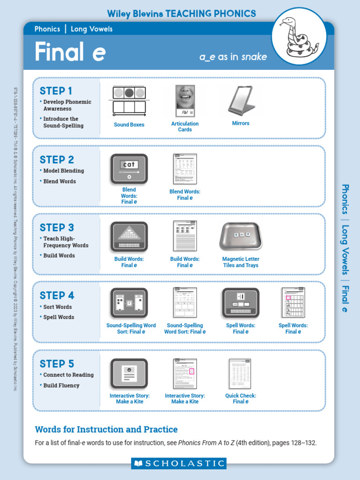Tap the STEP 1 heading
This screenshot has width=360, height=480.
pyautogui.click(x=56, y=91)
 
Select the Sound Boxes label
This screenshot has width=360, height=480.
pyautogui.click(x=129, y=125)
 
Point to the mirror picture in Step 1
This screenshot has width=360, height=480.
pyautogui.click(x=241, y=100)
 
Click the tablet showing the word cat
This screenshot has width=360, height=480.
pyautogui.click(x=129, y=168)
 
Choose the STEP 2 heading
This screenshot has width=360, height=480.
pyautogui.click(x=57, y=159)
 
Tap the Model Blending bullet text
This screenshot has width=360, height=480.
pyautogui.click(x=64, y=171)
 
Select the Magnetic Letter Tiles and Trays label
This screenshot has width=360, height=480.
pyautogui.click(x=240, y=262)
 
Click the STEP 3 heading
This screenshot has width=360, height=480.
pyautogui.click(x=57, y=228)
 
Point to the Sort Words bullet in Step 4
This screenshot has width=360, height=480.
pyautogui.click(x=57, y=307)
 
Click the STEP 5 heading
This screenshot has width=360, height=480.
pyautogui.click(x=57, y=364)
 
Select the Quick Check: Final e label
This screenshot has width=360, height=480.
pyautogui.click(x=240, y=398)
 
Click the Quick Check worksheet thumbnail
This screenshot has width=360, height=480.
pyautogui.click(x=240, y=374)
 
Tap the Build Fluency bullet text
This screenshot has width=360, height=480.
pyautogui.click(x=61, y=385)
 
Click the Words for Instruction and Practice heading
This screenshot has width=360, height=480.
pyautogui.click(x=106, y=429)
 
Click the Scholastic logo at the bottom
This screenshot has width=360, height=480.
pyautogui.click(x=179, y=464)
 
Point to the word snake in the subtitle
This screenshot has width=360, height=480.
pyautogui.click(x=255, y=57)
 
